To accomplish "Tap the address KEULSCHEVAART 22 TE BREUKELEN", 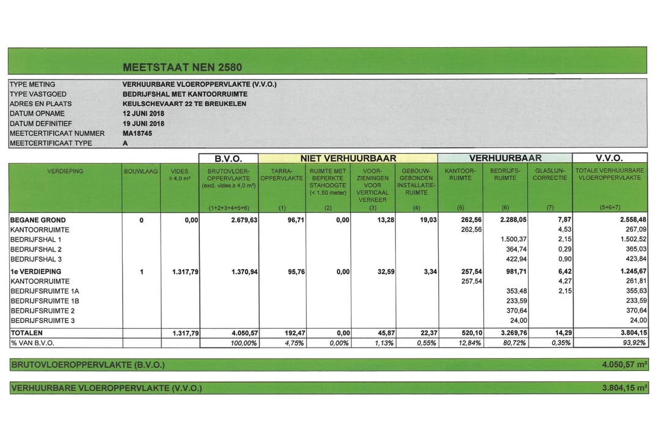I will point(184,104).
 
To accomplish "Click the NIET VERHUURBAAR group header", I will point(348,158).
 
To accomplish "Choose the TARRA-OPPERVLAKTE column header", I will point(282,175).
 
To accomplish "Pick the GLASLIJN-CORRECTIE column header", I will point(549,175).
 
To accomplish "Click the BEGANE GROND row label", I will point(38,220).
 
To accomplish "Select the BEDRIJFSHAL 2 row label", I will point(36,250).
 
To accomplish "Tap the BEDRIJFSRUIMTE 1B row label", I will point(45,301).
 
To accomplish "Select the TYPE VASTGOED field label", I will point(38,94).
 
